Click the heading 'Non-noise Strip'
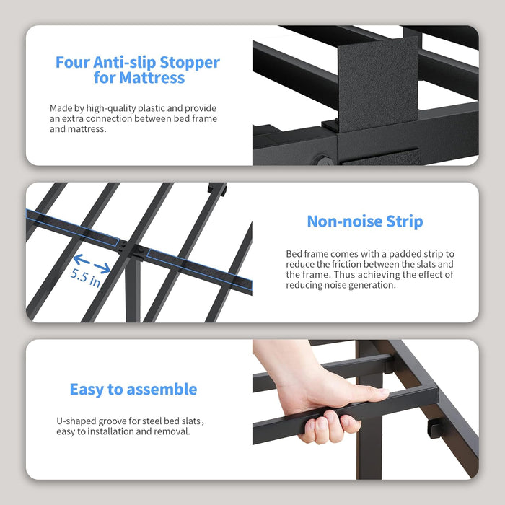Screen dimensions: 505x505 (364, 221)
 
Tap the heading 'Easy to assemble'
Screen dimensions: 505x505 (133, 390)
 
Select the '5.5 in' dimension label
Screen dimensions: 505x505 (85, 277)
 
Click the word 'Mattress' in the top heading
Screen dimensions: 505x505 (153, 78)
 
